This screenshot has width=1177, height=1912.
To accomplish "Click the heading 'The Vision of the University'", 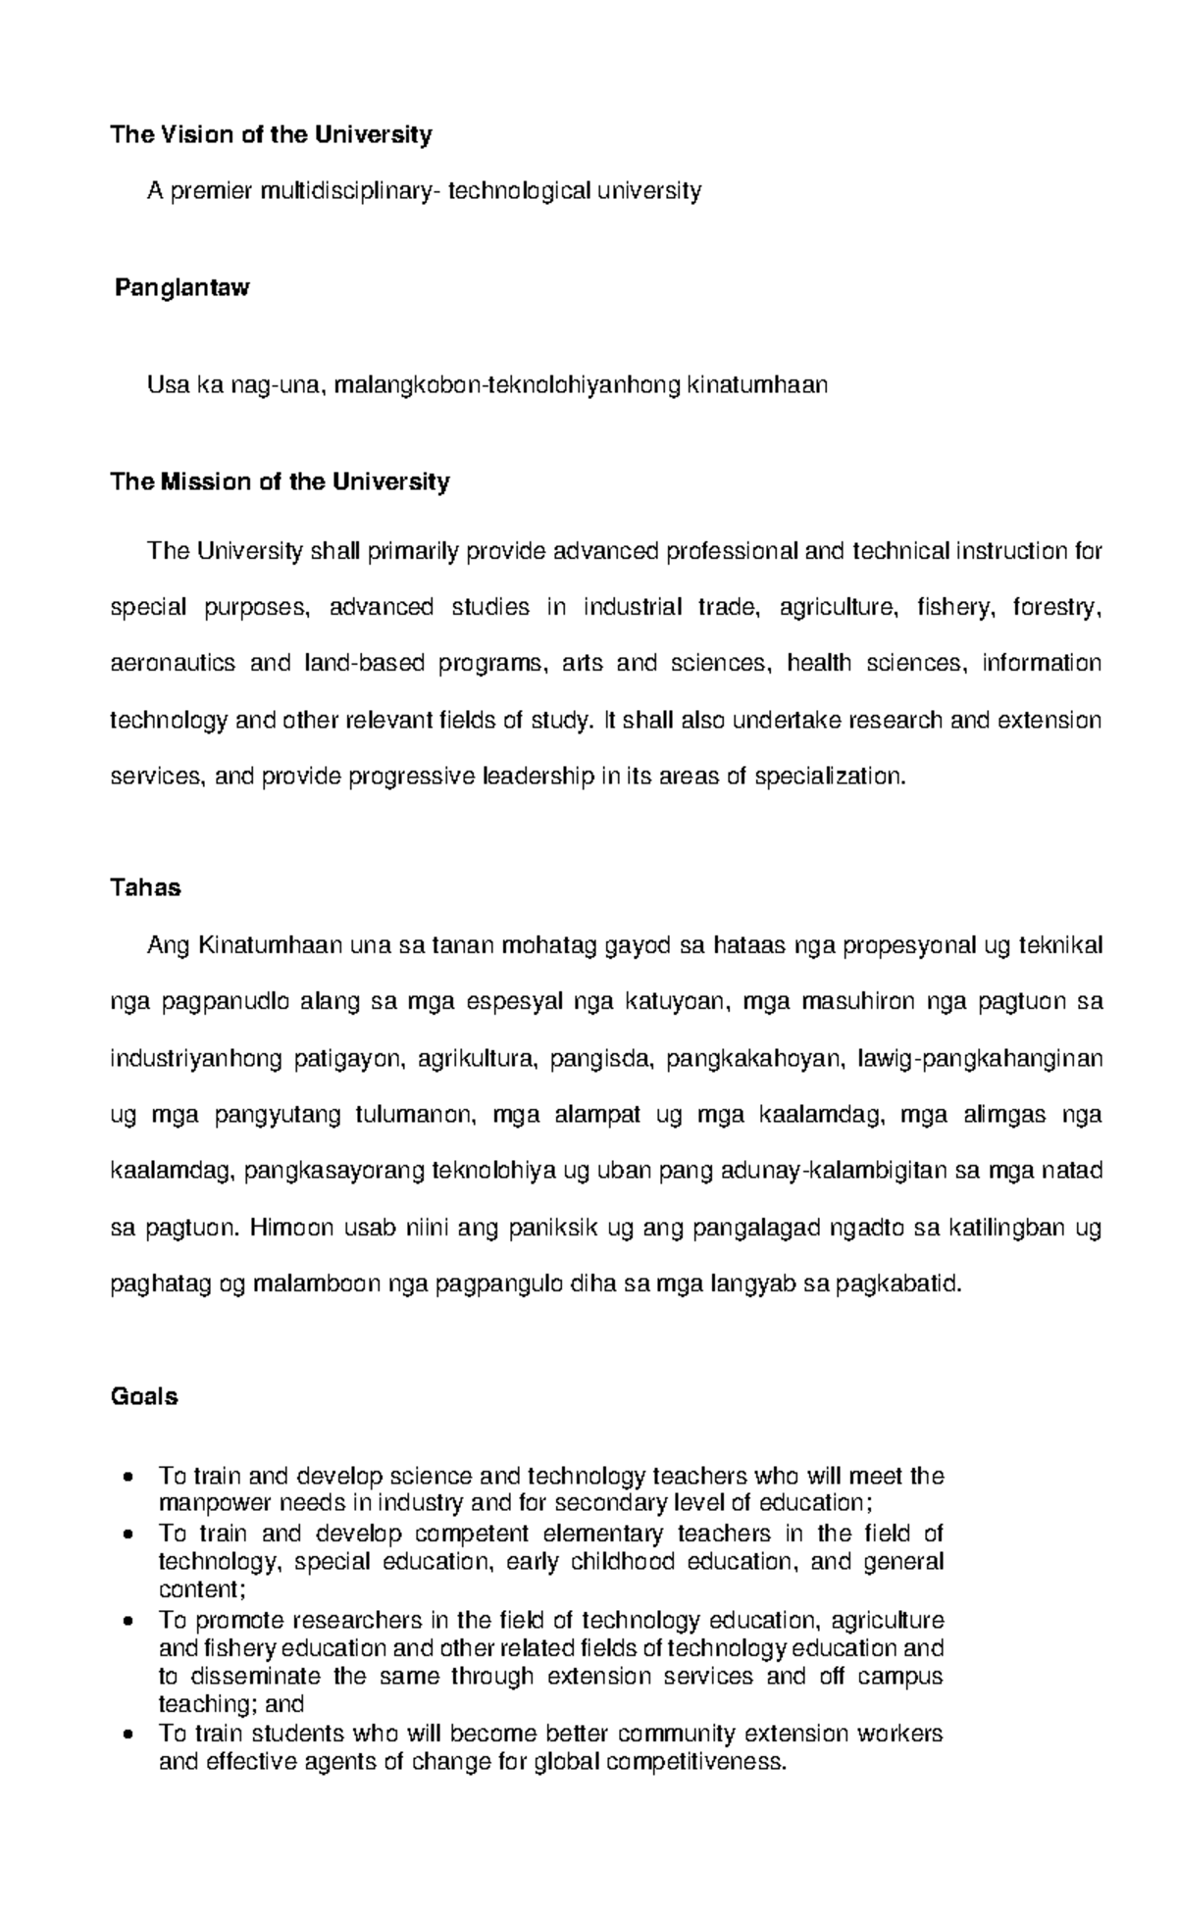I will [271, 134].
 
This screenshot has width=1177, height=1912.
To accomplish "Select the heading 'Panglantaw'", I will [181, 288].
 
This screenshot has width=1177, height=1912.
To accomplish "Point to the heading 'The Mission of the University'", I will [280, 482].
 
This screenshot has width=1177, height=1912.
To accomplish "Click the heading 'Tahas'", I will [145, 888].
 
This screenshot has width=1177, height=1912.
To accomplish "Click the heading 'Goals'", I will [144, 1397].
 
